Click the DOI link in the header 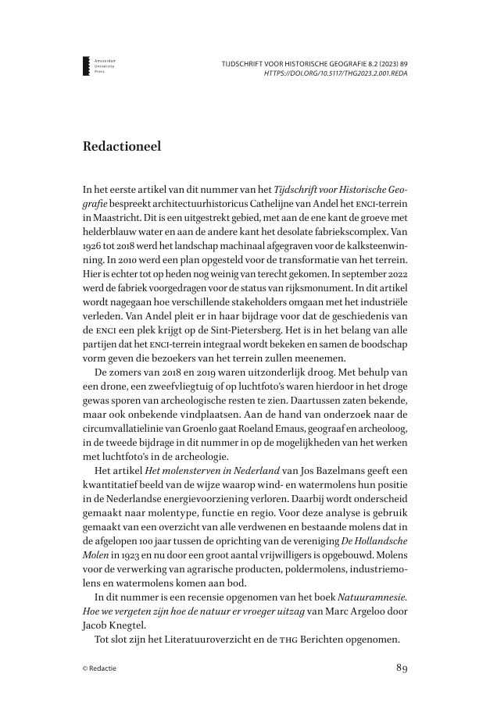336,73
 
